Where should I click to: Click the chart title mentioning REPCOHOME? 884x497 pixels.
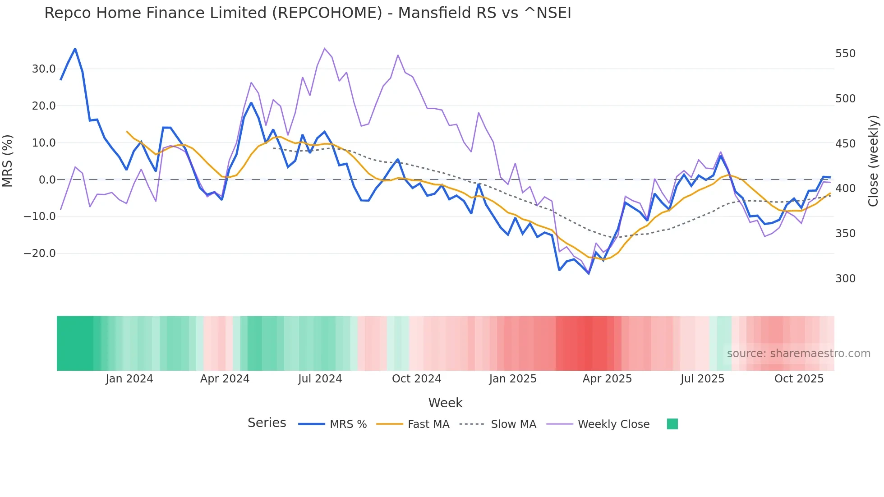point(308,13)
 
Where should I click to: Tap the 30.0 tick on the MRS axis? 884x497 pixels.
point(44,69)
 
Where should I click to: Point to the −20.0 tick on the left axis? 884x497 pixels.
point(40,253)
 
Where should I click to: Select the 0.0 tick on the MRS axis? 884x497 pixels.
point(47,180)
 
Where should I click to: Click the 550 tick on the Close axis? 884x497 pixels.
point(845,54)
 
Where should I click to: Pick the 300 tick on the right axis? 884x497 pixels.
point(845,279)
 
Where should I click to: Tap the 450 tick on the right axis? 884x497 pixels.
point(845,144)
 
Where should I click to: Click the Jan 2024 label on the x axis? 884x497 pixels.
point(129,379)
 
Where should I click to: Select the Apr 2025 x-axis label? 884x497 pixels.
point(607,379)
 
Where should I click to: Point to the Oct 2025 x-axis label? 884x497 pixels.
point(799,379)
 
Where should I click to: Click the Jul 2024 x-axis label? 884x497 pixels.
point(320,379)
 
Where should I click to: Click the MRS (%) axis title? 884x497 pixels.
point(8,161)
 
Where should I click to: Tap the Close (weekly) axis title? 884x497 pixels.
point(873,161)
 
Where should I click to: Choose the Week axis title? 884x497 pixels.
point(445,403)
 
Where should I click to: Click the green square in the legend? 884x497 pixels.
point(672,424)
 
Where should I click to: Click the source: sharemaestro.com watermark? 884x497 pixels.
point(798,354)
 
